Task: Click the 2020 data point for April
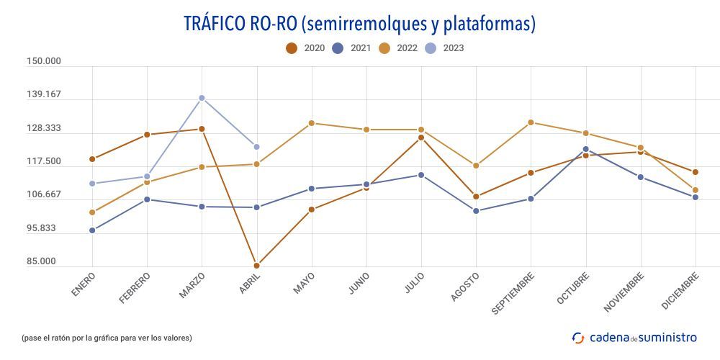click(256, 266)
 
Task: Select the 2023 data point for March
click(202, 98)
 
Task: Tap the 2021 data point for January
click(92, 230)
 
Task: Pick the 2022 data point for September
click(531, 122)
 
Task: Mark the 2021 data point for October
click(586, 149)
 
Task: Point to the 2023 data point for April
click(256, 147)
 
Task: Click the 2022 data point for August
click(476, 166)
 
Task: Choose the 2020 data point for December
click(696, 172)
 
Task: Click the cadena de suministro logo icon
click(578, 337)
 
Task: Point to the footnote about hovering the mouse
click(107, 337)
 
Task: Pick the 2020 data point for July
click(421, 138)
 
